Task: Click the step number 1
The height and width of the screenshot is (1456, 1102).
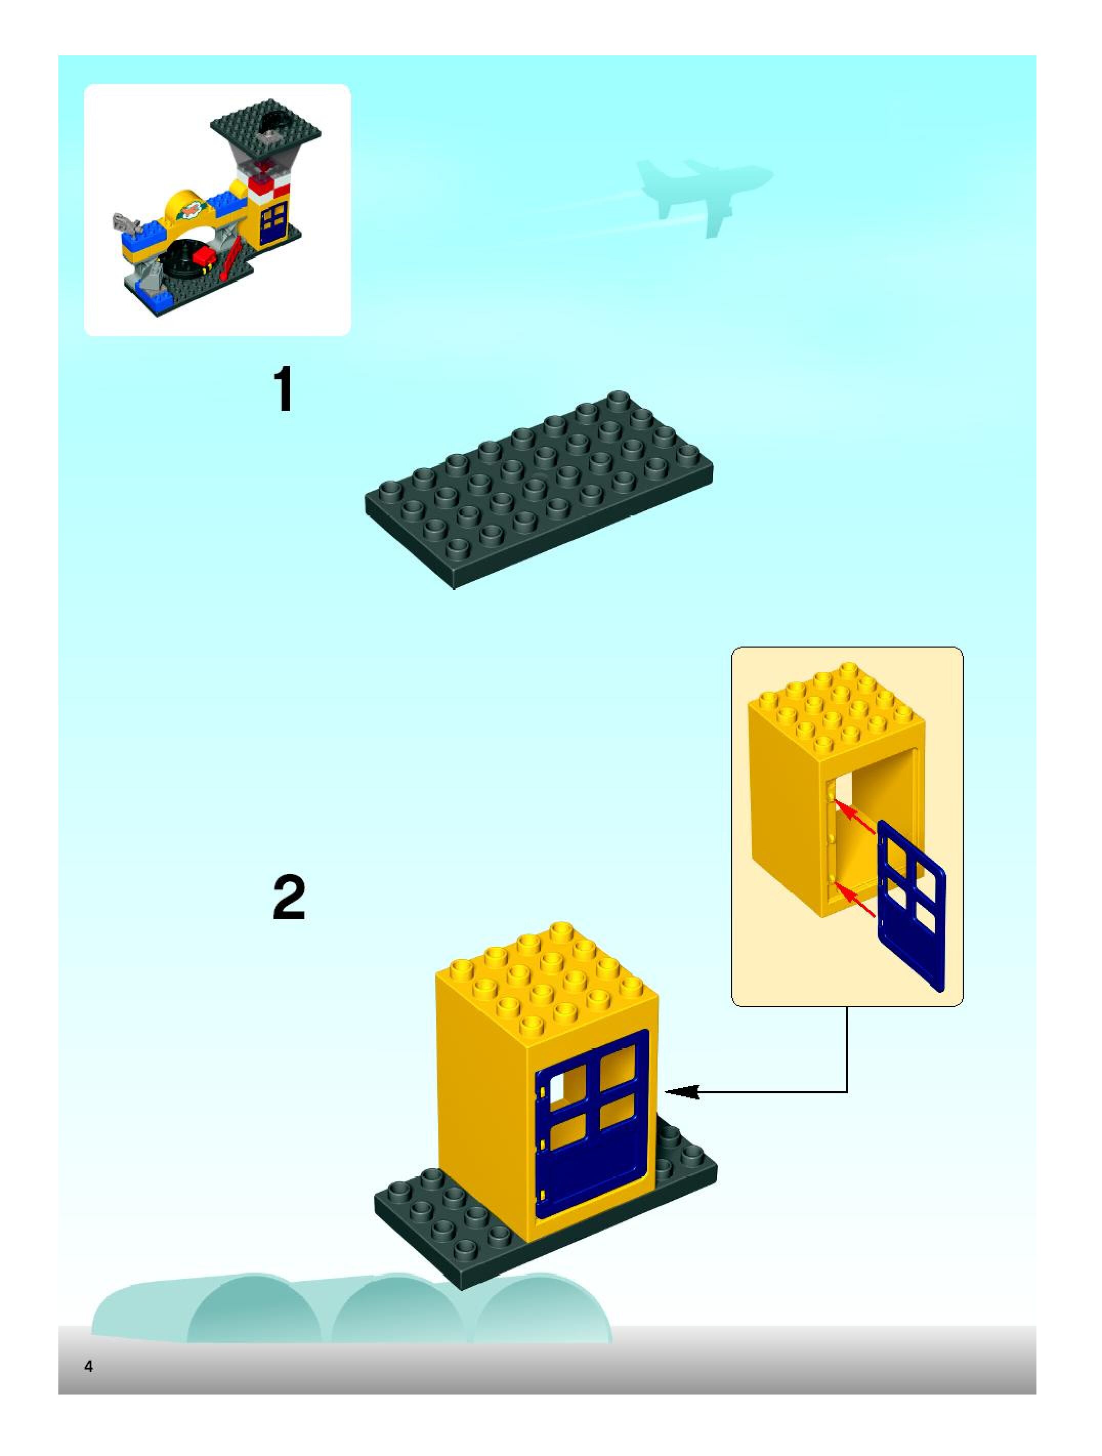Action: pos(284,390)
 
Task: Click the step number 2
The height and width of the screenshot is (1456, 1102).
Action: pos(289,899)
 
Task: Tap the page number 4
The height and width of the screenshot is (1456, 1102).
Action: pos(88,1366)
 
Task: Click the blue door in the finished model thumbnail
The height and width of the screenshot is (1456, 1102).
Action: pos(273,223)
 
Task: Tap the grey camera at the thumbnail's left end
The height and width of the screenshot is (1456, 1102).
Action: pos(125,225)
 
